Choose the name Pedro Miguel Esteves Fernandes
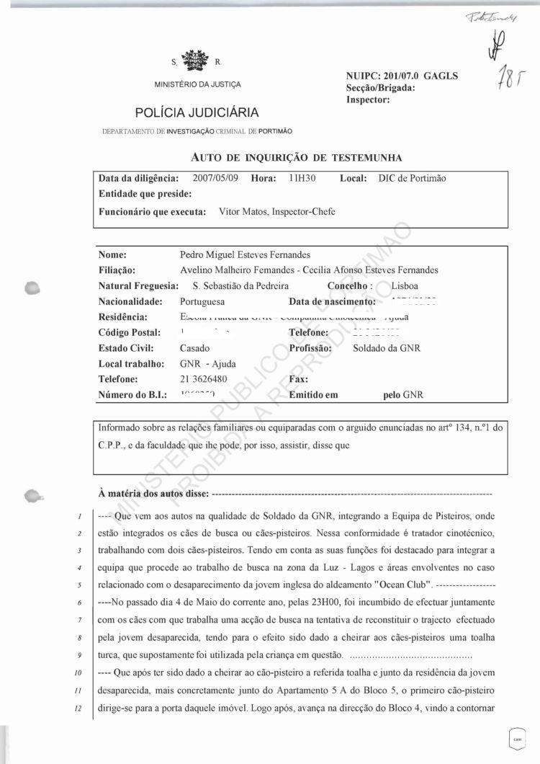pos(245,254)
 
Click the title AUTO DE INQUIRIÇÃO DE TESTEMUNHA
pos(297,156)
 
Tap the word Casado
pos(194,348)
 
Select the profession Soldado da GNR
pos(387,348)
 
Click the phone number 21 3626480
pos(210,379)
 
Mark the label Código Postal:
pos(129,332)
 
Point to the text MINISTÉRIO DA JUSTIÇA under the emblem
pos(198,85)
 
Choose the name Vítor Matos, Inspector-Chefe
pos(276,211)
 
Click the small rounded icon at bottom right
pos(516,737)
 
